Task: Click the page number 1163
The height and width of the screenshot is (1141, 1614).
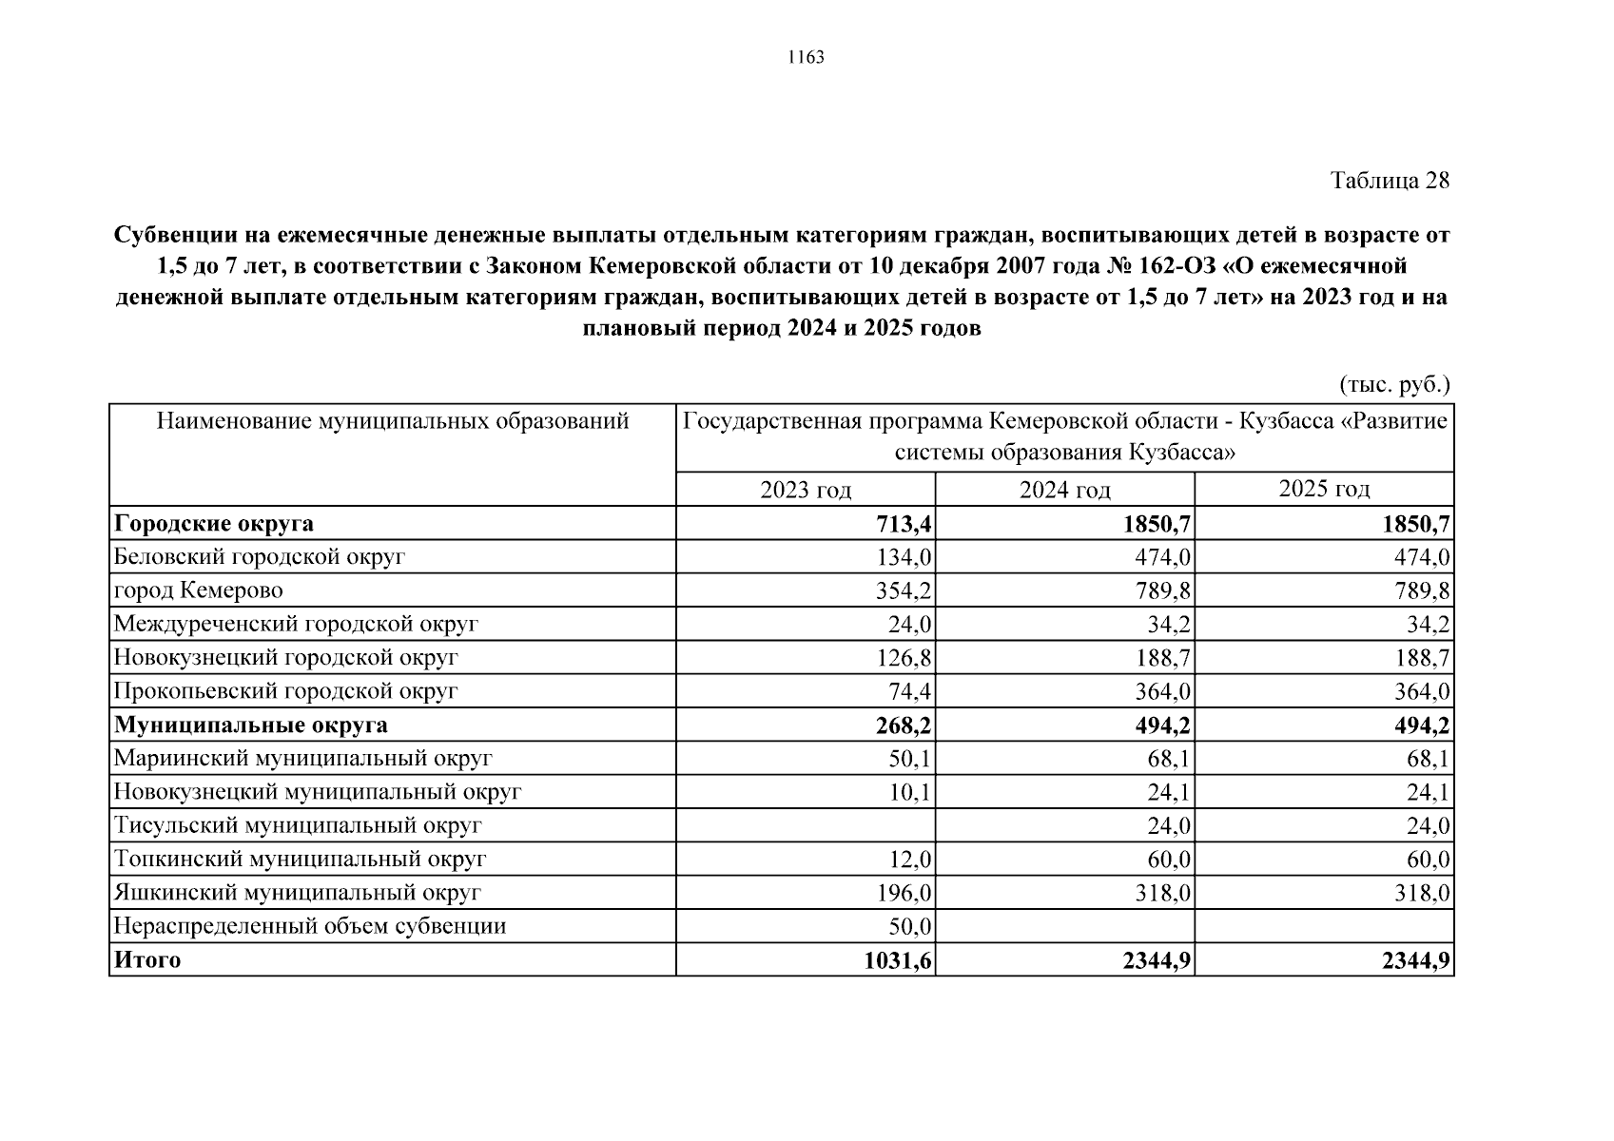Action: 806,58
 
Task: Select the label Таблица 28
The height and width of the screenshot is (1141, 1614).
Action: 1389,181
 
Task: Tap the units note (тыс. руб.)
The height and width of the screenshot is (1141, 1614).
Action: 1394,384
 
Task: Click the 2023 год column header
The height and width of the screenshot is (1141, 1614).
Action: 806,490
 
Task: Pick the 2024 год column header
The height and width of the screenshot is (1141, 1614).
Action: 1064,490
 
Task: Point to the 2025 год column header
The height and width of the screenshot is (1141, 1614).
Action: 1324,489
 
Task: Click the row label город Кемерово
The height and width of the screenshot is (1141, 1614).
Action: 199,590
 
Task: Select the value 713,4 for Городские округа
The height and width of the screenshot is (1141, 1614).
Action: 904,524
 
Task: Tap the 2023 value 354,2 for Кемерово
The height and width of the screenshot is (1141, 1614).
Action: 904,591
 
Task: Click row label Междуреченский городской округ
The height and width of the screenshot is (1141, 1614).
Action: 296,625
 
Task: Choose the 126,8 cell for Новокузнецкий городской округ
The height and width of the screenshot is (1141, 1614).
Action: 904,658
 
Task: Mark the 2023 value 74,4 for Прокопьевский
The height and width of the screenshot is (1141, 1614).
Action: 909,691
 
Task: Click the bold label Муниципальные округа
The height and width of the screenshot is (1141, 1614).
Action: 251,725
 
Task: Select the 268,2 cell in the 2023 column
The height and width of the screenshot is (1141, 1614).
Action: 904,725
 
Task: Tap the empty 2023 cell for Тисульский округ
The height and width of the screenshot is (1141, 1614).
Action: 806,825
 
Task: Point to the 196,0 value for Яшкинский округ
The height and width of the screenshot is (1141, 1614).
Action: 904,893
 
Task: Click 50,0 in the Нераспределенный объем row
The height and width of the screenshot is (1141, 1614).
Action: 909,926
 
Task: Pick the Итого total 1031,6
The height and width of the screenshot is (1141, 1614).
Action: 897,960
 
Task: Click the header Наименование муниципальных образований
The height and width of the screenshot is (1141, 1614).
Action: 392,421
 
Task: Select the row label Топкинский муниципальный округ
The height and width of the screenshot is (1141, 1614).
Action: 300,860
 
